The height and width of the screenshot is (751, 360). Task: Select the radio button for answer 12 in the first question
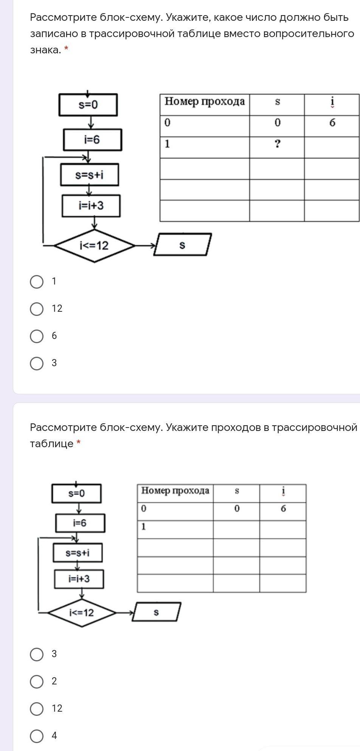click(x=37, y=309)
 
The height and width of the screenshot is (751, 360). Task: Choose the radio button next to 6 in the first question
click(x=37, y=336)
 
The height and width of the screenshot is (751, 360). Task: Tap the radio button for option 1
click(x=37, y=281)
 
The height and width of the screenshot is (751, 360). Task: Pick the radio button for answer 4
click(x=37, y=736)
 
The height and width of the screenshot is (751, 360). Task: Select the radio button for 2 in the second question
click(x=37, y=681)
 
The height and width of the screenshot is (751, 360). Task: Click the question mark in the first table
click(x=277, y=144)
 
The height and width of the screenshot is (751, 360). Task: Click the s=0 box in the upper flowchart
click(x=88, y=105)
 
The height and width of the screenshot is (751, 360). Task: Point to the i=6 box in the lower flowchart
click(x=80, y=523)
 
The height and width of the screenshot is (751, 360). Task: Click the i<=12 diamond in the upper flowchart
click(x=94, y=246)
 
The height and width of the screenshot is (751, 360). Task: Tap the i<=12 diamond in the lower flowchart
click(x=82, y=612)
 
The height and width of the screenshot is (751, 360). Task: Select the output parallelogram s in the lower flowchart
click(x=156, y=612)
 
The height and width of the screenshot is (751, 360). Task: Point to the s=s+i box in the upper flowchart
click(x=89, y=175)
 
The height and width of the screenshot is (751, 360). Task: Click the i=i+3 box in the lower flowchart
click(x=79, y=579)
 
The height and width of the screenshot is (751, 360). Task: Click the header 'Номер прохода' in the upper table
click(x=205, y=101)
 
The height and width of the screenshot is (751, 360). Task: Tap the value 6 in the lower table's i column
click(x=283, y=508)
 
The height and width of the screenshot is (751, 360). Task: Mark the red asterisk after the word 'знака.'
click(x=66, y=49)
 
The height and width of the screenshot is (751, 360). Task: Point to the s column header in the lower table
click(x=237, y=491)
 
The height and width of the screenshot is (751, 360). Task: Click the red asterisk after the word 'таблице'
click(x=78, y=443)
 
